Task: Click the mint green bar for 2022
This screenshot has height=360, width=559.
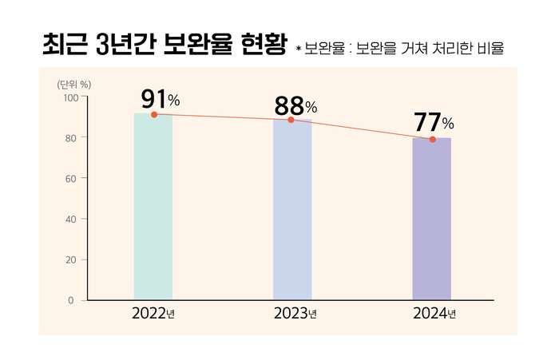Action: click(x=153, y=207)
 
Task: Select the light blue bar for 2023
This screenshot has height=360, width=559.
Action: click(x=292, y=210)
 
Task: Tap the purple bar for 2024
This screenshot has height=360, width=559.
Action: click(x=431, y=220)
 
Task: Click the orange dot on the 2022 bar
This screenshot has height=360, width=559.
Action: click(x=154, y=115)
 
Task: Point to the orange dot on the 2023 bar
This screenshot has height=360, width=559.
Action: click(x=291, y=120)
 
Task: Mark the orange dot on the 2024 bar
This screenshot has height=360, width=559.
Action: click(x=432, y=140)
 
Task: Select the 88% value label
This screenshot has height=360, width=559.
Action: click(x=295, y=105)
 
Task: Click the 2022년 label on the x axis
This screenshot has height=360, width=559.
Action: click(x=153, y=314)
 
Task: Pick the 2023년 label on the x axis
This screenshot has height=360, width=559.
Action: click(x=293, y=314)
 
